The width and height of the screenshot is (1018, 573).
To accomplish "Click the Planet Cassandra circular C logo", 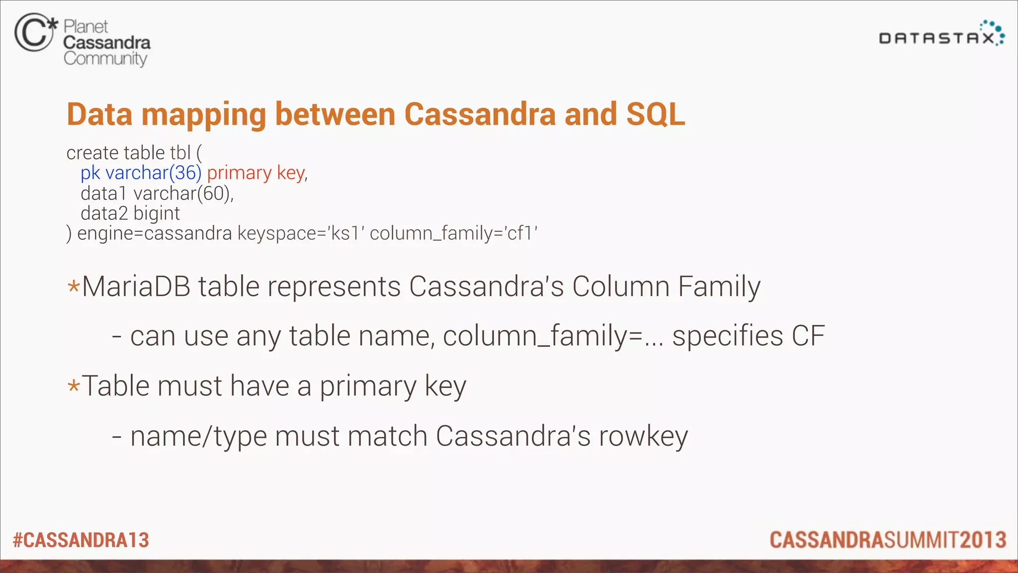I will (x=34, y=33).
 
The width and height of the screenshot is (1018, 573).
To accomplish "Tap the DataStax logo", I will (x=941, y=34).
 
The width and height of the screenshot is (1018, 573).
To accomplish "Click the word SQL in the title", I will (x=656, y=114).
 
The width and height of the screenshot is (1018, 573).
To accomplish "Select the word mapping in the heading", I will (x=204, y=115).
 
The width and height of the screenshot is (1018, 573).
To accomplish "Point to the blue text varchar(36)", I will (x=153, y=173).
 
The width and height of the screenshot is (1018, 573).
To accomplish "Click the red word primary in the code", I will (x=239, y=173).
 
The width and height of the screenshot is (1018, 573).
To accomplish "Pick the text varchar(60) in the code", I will (x=183, y=193).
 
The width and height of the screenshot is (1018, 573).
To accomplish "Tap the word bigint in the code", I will (x=157, y=213).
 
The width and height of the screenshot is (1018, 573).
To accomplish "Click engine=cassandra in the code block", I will (x=155, y=233).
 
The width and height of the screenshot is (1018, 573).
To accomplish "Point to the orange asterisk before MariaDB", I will (x=74, y=287).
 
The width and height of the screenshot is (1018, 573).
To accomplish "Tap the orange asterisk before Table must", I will (x=74, y=386).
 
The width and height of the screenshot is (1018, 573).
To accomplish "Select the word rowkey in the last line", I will (x=643, y=437).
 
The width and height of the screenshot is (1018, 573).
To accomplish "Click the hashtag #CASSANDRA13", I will (x=81, y=540).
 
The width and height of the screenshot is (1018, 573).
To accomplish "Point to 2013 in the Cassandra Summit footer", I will (x=983, y=540).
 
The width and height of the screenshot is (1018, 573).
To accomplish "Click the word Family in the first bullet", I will (x=719, y=287).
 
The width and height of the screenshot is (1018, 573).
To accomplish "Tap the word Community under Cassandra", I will (x=105, y=59).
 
